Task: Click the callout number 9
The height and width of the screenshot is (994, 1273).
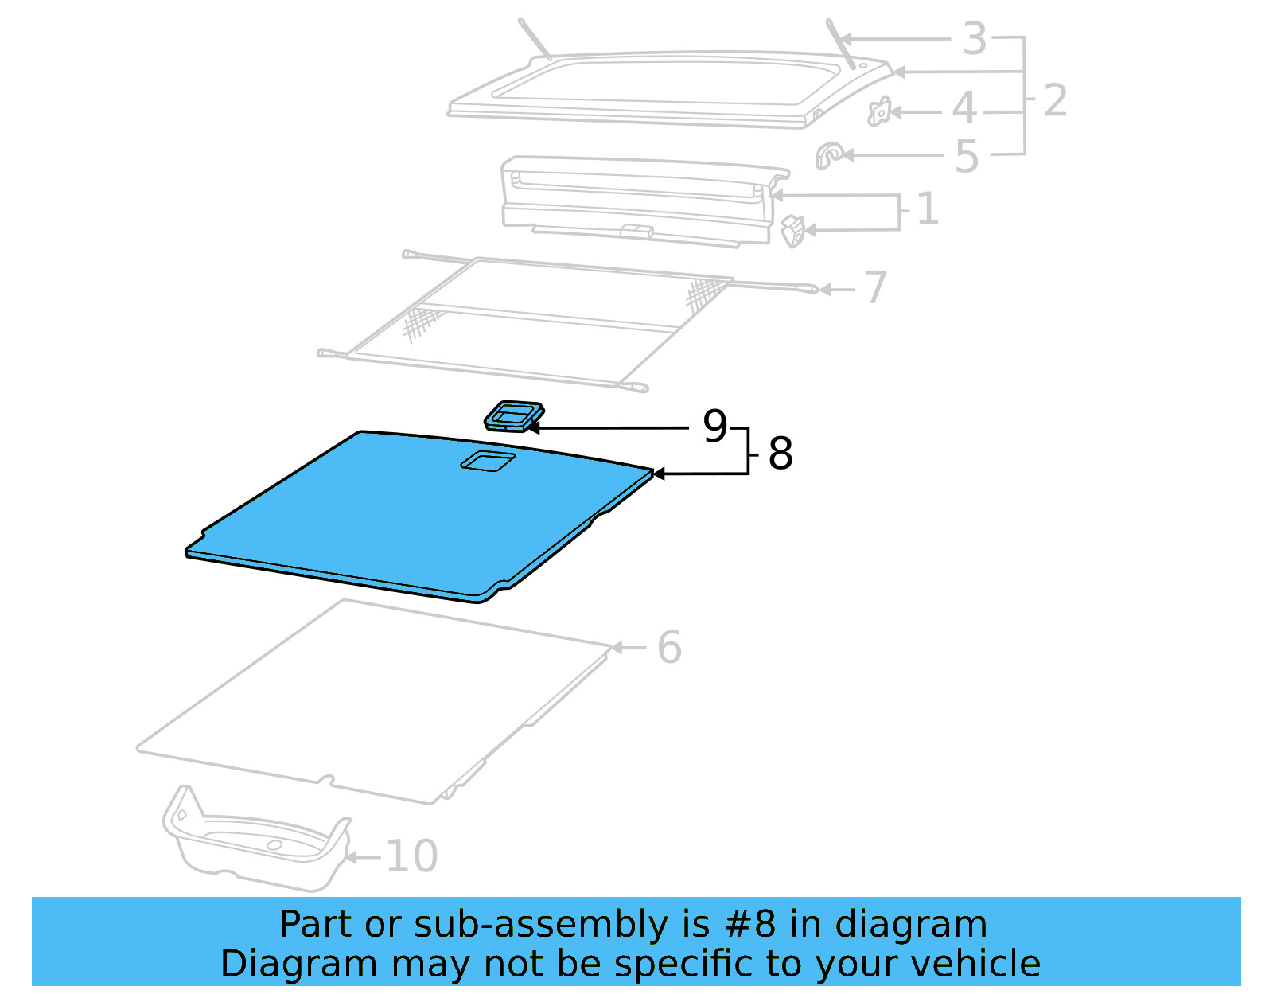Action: [x=714, y=427]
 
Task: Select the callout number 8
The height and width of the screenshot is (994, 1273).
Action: [x=780, y=454]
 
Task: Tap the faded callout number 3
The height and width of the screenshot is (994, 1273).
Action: [x=974, y=38]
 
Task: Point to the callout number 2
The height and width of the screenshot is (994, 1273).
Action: [x=1054, y=100]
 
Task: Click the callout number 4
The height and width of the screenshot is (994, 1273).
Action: [x=964, y=107]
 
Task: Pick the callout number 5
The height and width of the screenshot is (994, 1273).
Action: [x=966, y=157]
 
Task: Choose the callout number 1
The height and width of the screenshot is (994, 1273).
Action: [x=927, y=209]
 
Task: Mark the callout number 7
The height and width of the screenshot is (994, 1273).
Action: [x=875, y=287]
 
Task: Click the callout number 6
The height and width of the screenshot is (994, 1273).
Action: [x=669, y=647]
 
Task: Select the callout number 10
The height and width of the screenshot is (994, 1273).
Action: [x=411, y=856]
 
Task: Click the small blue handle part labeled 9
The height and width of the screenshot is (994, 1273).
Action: [x=514, y=415]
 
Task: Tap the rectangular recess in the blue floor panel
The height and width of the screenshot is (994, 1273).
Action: [x=487, y=460]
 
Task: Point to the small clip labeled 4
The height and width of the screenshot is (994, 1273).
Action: [x=879, y=112]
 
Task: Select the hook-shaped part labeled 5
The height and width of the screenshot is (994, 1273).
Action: [x=829, y=154]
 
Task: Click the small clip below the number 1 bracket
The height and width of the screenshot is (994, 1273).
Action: [x=792, y=232]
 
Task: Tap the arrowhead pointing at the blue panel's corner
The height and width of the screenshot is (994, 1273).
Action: [x=657, y=474]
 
